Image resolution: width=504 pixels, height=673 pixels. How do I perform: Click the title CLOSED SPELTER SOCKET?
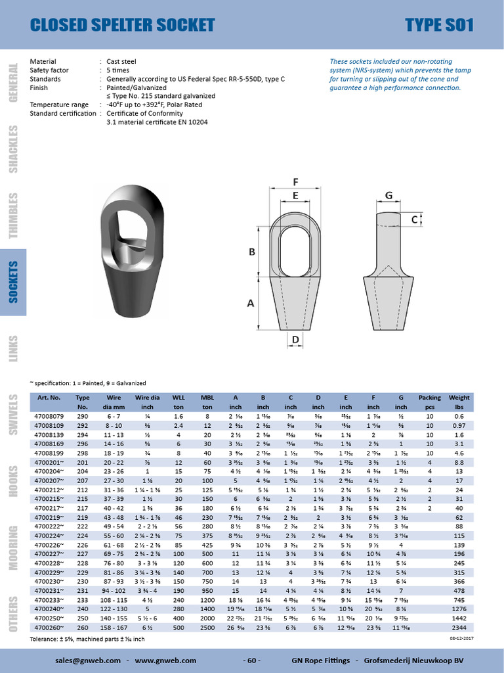(123, 25)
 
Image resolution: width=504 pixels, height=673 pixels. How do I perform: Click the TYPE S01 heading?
(439, 25)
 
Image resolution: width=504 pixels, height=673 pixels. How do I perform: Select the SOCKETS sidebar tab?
(14, 281)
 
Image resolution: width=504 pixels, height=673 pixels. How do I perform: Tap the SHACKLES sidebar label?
(14, 149)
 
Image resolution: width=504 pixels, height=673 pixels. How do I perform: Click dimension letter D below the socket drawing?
(295, 340)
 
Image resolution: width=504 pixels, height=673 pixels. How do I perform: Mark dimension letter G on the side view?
(388, 195)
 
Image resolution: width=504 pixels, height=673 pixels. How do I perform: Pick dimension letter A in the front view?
(249, 303)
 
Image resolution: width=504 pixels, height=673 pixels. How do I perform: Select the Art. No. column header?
(49, 398)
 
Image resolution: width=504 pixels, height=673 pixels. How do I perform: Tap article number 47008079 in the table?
(49, 416)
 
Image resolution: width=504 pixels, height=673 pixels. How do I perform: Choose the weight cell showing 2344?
(459, 627)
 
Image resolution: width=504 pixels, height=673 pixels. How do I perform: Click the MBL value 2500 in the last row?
(207, 627)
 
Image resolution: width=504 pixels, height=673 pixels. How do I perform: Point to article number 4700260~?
(49, 627)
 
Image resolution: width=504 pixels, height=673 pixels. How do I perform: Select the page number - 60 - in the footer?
(252, 660)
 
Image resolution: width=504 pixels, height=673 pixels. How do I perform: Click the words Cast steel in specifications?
(121, 61)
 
